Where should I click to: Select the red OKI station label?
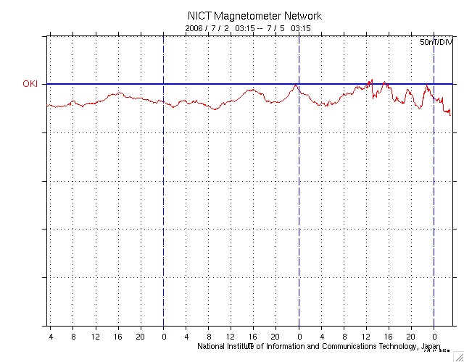point(30,84)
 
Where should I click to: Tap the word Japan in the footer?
point(428,347)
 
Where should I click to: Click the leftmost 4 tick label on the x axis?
point(51,337)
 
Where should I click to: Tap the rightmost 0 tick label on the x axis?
point(434,337)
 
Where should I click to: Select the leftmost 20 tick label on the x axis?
point(141,337)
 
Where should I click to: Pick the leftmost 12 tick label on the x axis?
point(96,337)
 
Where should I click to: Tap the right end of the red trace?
point(450,114)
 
